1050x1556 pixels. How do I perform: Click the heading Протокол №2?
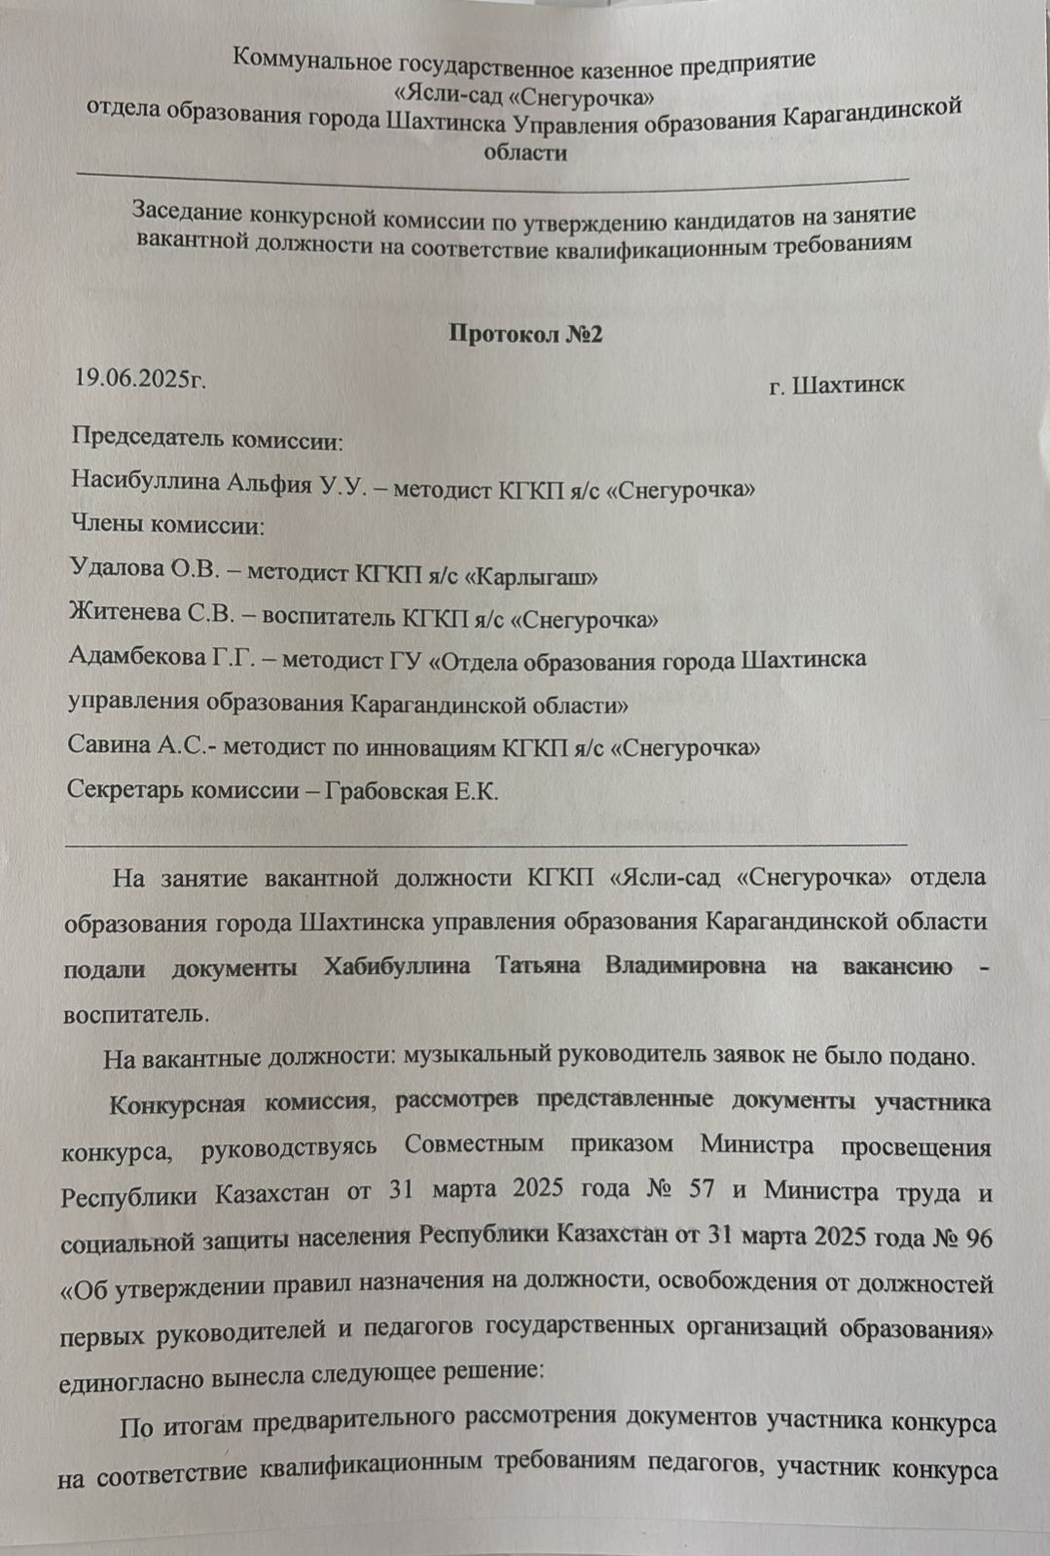tap(525, 334)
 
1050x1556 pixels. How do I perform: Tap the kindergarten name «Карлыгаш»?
tap(530, 575)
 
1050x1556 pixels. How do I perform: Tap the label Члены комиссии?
tap(168, 526)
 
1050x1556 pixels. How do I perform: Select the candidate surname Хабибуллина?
tap(397, 966)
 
